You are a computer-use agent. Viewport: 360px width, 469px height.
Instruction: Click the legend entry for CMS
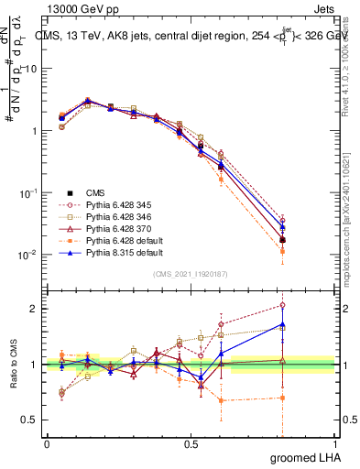pos(95,192)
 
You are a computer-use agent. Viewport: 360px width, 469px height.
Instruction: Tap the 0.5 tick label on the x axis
pos(191,442)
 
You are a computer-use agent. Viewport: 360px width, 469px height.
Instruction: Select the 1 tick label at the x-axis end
pos(334,442)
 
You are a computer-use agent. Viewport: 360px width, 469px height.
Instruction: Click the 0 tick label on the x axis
pos(47,442)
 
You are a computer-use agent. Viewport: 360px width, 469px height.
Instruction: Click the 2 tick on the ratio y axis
pos(33,309)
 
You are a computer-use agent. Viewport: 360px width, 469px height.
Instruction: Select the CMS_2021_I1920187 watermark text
pos(191,273)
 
